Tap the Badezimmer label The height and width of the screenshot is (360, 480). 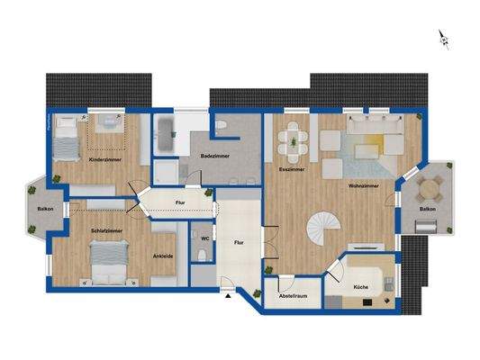(x=215, y=156)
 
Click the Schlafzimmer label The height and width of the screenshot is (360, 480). (x=106, y=231)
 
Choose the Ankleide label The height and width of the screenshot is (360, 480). (x=163, y=255)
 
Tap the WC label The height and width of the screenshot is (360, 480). (x=205, y=238)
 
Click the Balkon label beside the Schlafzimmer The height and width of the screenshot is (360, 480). (x=45, y=210)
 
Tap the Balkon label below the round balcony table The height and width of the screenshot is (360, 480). (x=428, y=211)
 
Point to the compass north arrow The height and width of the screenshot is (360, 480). (x=443, y=39)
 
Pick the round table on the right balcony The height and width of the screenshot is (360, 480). (x=431, y=187)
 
